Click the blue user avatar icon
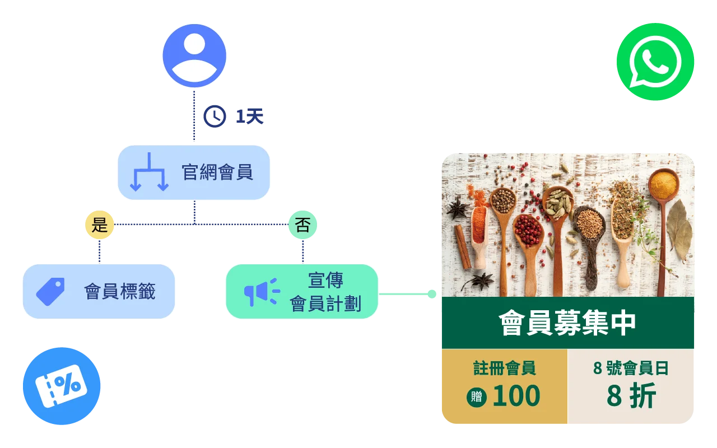[194, 55]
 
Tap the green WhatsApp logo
[655, 62]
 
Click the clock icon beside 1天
[215, 116]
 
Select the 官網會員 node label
[217, 172]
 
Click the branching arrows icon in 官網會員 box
[148, 172]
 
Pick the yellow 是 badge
[100, 225]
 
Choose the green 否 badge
[302, 225]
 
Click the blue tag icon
[50, 291]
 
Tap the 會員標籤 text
[120, 291]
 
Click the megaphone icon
[261, 292]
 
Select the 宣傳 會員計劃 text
[325, 292]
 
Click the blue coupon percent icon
[62, 386]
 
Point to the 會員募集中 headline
[567, 323]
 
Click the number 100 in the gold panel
[516, 396]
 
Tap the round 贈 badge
[477, 396]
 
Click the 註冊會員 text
[505, 368]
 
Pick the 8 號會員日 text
[631, 368]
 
